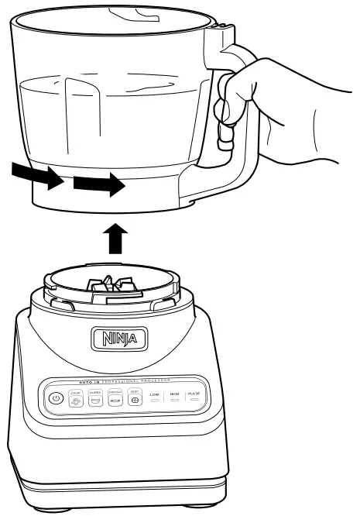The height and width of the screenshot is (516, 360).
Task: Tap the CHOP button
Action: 76,400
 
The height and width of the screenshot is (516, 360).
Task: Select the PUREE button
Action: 96,400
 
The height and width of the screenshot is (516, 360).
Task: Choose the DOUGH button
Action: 115,400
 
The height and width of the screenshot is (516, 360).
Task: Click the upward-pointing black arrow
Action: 114,238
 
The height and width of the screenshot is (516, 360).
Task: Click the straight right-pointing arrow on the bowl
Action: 98,185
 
